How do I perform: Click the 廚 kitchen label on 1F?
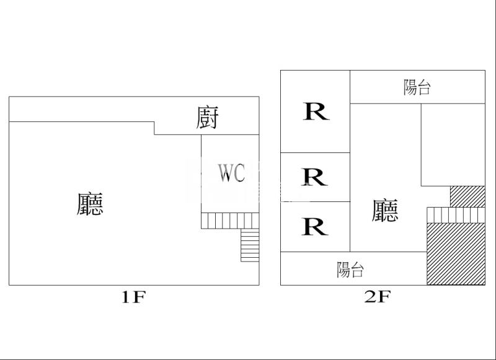pos(207,118)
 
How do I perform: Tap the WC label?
pos(231,173)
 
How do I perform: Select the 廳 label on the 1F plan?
pos(90,204)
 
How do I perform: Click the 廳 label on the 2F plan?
pos(385,210)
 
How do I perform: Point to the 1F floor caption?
pos(133,297)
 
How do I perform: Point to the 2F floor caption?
pos(378,296)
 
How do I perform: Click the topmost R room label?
pos(316,112)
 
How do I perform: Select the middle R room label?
pos(314,177)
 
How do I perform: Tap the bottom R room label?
pos(314,226)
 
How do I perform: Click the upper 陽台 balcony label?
pos(417,87)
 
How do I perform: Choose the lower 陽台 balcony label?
pos(350,270)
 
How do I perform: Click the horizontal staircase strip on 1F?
pos(230,221)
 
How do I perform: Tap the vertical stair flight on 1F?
pos(250,245)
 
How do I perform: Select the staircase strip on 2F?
pos(456,215)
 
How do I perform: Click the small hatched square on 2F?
pos(467,196)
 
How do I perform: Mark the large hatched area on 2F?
pos(456,254)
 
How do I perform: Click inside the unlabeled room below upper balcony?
pos(453,145)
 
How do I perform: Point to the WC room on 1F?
pos(230,173)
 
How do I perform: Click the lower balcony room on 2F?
pos(353,269)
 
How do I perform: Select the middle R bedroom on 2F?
pos(315,177)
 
